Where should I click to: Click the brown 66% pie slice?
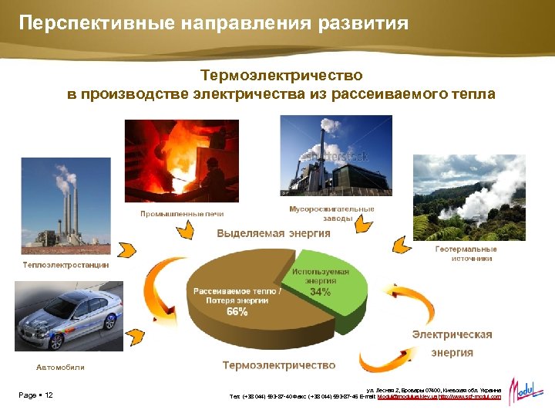[x=231, y=301]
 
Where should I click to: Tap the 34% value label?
[x=321, y=293]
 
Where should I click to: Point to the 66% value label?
[x=237, y=312]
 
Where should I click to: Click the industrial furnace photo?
[x=181, y=161]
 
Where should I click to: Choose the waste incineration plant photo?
[x=335, y=157]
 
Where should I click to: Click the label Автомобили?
[x=60, y=367]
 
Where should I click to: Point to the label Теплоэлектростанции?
[x=66, y=265]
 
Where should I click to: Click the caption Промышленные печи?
[x=181, y=213]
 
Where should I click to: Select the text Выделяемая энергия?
[x=274, y=233]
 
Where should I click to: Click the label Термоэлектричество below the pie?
[x=279, y=364]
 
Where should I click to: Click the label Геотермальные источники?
[x=466, y=254]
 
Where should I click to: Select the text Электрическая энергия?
[x=452, y=344]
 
